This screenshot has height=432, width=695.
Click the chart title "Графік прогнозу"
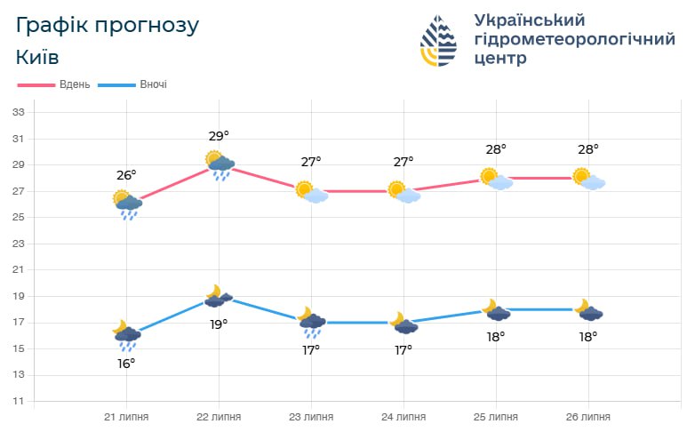(x=108, y=25)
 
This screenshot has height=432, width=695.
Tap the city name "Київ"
(x=38, y=58)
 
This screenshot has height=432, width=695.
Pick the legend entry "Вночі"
(x=153, y=84)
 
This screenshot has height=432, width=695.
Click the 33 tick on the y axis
(x=18, y=113)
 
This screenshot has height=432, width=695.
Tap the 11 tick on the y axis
(x=18, y=402)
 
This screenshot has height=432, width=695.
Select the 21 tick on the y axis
(x=18, y=270)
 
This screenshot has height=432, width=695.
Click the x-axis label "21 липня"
(x=126, y=416)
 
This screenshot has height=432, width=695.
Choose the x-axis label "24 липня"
(x=403, y=416)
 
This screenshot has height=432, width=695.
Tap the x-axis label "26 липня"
(x=588, y=416)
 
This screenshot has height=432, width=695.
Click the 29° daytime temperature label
(x=219, y=136)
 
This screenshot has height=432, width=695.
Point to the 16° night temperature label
(x=126, y=363)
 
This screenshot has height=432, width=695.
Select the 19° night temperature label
(x=219, y=324)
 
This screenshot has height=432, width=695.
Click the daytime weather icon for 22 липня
(x=220, y=164)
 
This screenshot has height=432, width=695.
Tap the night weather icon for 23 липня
(x=311, y=323)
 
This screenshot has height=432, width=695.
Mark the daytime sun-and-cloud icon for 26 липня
(x=588, y=180)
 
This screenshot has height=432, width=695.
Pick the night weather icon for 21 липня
(x=126, y=335)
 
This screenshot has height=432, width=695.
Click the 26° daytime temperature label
(x=126, y=175)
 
